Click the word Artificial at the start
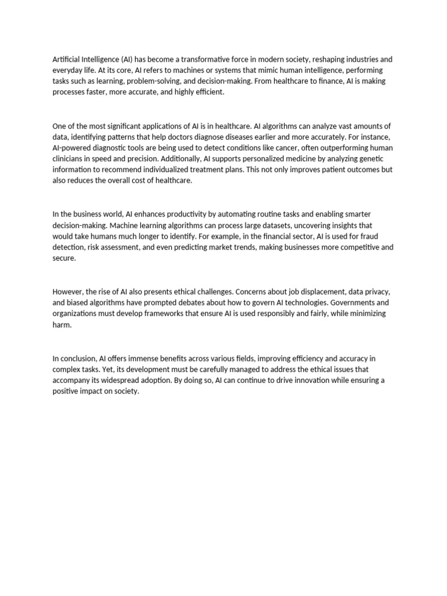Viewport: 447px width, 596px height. pyautogui.click(x=68, y=59)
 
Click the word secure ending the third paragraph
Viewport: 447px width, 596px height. pyautogui.click(x=63, y=258)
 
